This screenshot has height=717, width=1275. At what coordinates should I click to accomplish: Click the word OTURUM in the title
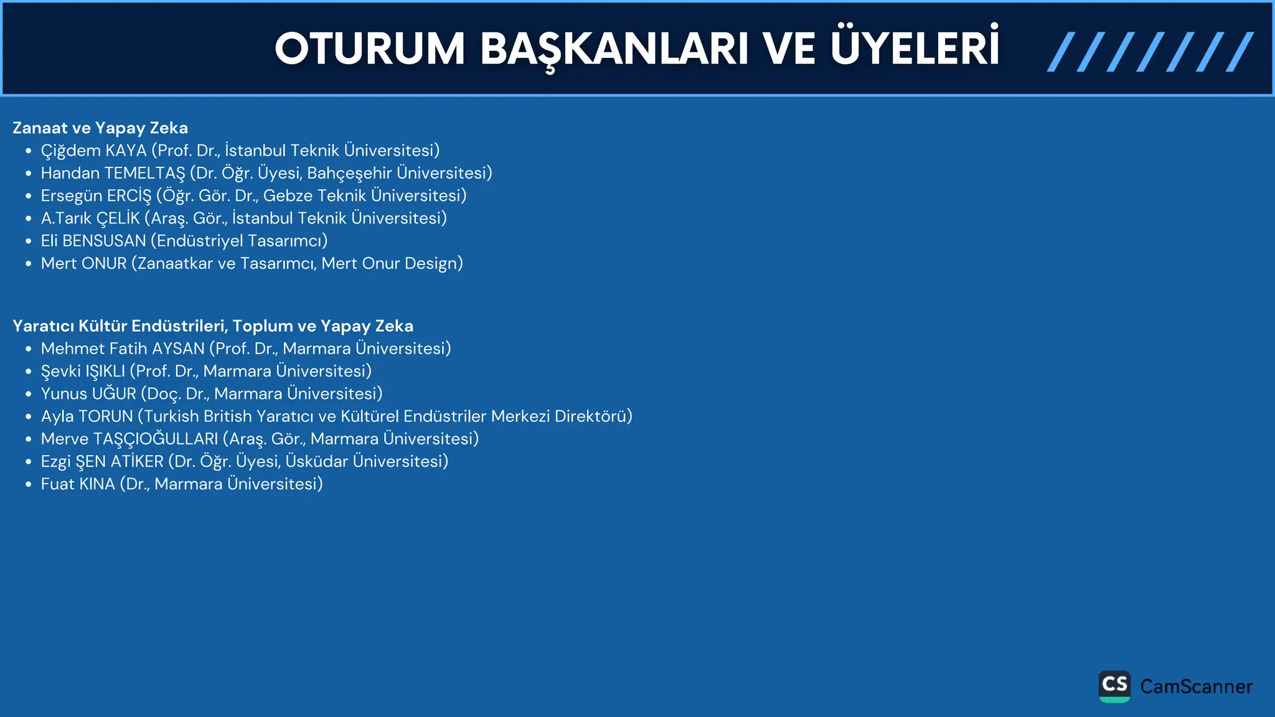pos(370,49)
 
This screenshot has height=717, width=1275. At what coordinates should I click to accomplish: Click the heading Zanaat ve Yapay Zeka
pos(100,128)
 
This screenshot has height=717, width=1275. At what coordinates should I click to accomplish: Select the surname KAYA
pos(126,151)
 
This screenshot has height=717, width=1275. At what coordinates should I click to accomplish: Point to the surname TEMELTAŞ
pos(144,173)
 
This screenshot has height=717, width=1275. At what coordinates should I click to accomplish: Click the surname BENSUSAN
pos(104,241)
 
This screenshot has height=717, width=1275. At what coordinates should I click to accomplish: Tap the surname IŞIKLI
pos(105,372)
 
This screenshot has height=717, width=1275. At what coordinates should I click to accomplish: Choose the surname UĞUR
pos(114,394)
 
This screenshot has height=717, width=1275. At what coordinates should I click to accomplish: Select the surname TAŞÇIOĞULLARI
pos(156,439)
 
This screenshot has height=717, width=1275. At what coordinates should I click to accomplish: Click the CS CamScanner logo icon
pos(1114,687)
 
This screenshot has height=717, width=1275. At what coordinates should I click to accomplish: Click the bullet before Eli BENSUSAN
pos(28,241)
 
